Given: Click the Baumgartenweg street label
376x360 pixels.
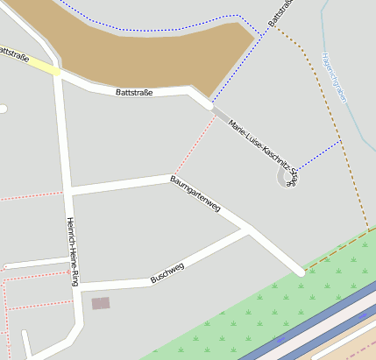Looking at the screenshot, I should pos(195,194).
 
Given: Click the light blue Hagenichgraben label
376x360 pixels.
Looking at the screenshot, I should pos(334,77).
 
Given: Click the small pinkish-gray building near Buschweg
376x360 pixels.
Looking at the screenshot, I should pos(101,303).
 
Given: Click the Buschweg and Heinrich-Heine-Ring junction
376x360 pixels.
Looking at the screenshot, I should pos(77,286).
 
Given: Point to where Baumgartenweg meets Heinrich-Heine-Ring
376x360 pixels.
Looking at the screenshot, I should pos(67,191).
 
